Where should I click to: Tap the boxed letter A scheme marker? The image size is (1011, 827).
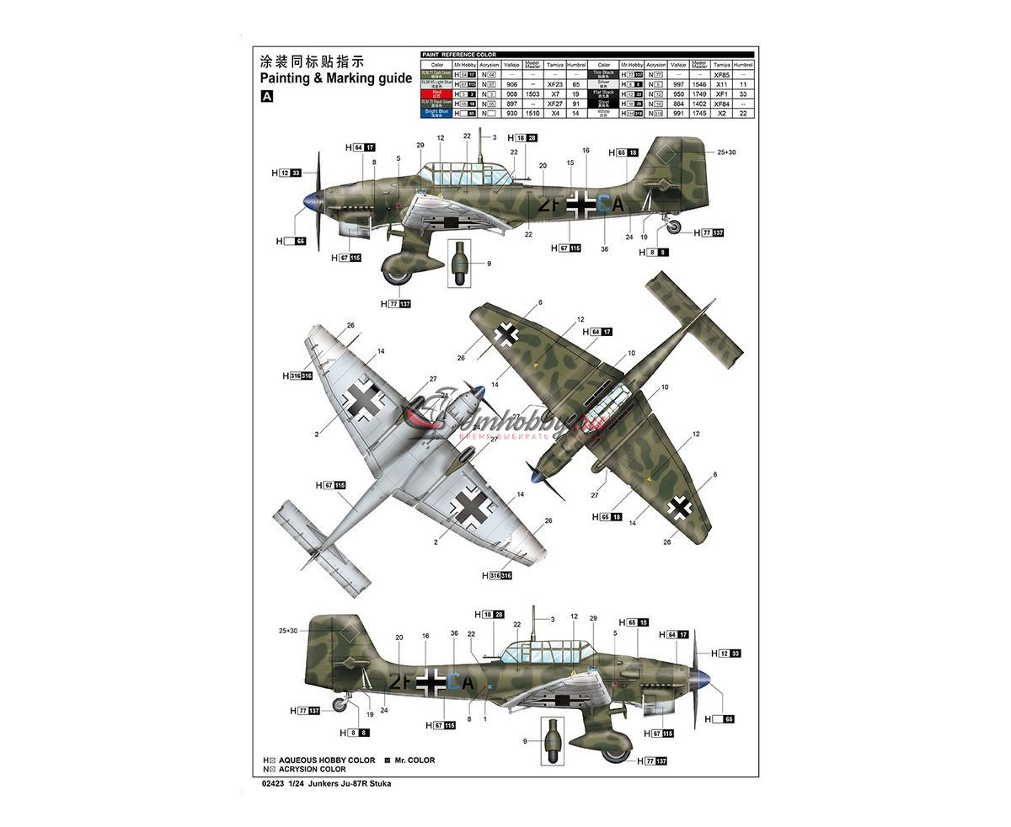pyautogui.click(x=267, y=97)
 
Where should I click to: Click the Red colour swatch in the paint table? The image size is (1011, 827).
pyautogui.click(x=436, y=94)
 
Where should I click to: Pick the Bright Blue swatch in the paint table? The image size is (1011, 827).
pyautogui.click(x=436, y=113)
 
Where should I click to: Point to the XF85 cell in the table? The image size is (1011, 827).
pyautogui.click(x=721, y=75)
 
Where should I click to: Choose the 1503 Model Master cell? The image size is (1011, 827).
pyautogui.click(x=532, y=94)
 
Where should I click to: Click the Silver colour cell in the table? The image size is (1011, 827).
pyautogui.click(x=603, y=85)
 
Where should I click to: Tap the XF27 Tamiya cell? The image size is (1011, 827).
pyautogui.click(x=554, y=104)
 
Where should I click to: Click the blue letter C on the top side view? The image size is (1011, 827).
pyautogui.click(x=602, y=202)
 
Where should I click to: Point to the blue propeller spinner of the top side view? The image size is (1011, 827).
pyautogui.click(x=313, y=200)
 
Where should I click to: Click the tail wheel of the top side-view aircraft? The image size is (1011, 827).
pyautogui.click(x=673, y=227)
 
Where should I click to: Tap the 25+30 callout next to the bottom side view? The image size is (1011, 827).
pyautogui.click(x=289, y=631)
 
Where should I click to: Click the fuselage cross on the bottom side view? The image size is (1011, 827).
pyautogui.click(x=431, y=681)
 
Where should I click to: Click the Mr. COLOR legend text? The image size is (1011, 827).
pyautogui.click(x=414, y=760)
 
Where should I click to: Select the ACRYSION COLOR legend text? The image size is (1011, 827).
pyautogui.click(x=312, y=769)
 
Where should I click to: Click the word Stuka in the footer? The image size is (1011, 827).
pyautogui.click(x=381, y=783)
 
